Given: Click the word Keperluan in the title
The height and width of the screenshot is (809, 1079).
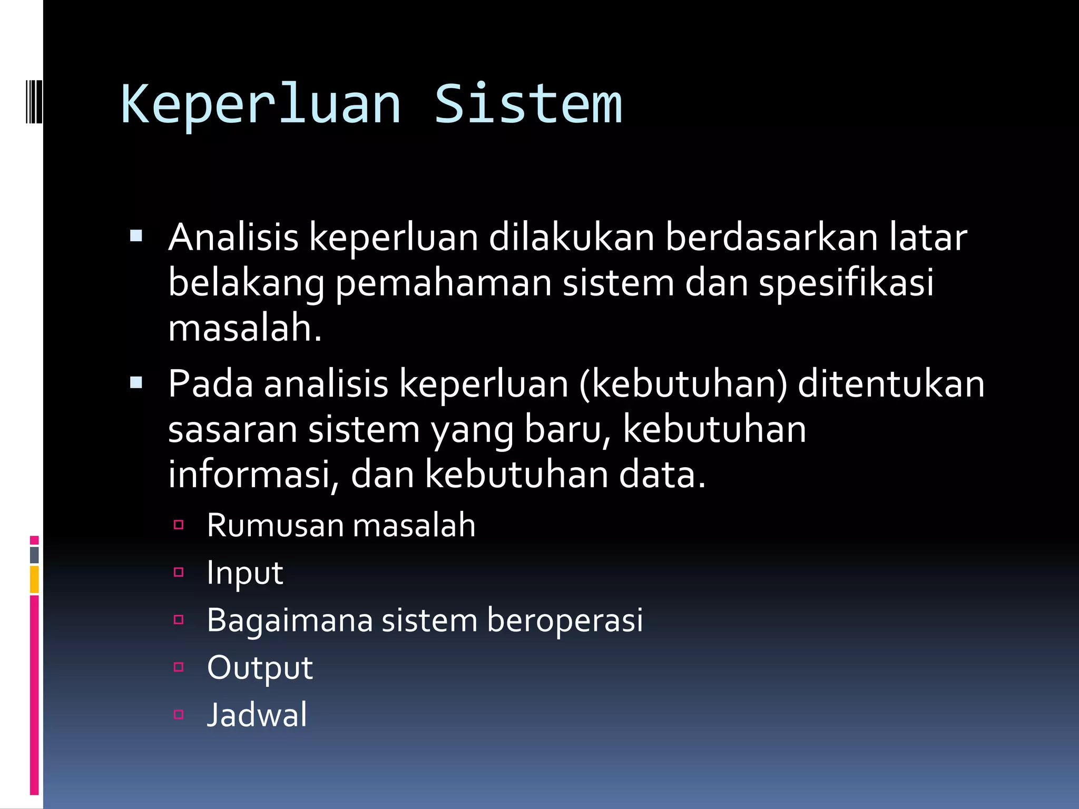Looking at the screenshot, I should click(261, 105).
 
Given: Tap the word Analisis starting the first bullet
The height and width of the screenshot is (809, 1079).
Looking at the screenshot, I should click(233, 237).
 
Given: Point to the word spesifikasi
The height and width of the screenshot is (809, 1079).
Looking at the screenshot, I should click(846, 283).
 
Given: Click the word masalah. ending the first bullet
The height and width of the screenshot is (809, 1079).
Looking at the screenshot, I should click(245, 328).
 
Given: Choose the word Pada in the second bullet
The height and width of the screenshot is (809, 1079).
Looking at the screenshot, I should click(211, 383).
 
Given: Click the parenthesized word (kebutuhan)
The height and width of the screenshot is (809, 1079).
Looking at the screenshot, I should click(683, 383).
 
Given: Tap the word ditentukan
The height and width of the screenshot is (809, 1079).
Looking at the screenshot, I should click(891, 383).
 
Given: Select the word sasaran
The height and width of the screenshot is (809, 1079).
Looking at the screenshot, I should click(232, 429).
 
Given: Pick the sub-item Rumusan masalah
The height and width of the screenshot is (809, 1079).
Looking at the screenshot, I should click(341, 525).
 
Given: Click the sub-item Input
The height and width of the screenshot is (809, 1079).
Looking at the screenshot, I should click(245, 573).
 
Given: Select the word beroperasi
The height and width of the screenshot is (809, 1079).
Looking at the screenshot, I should click(564, 620).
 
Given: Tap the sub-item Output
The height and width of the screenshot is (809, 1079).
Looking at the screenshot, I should click(260, 668).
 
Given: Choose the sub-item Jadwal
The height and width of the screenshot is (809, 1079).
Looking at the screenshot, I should click(257, 715).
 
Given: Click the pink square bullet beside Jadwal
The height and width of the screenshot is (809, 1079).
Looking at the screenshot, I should click(179, 715).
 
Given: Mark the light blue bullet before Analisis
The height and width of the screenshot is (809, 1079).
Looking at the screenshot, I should click(136, 235).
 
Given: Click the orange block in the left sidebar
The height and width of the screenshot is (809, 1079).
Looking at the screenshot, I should click(34, 579).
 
